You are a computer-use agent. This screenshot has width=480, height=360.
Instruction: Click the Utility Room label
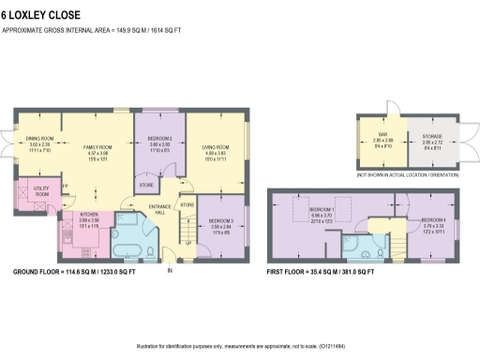click(42, 191)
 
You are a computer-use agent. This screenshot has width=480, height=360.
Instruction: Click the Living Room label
click(217, 148)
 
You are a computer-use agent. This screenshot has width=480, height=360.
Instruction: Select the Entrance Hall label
click(159, 207)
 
